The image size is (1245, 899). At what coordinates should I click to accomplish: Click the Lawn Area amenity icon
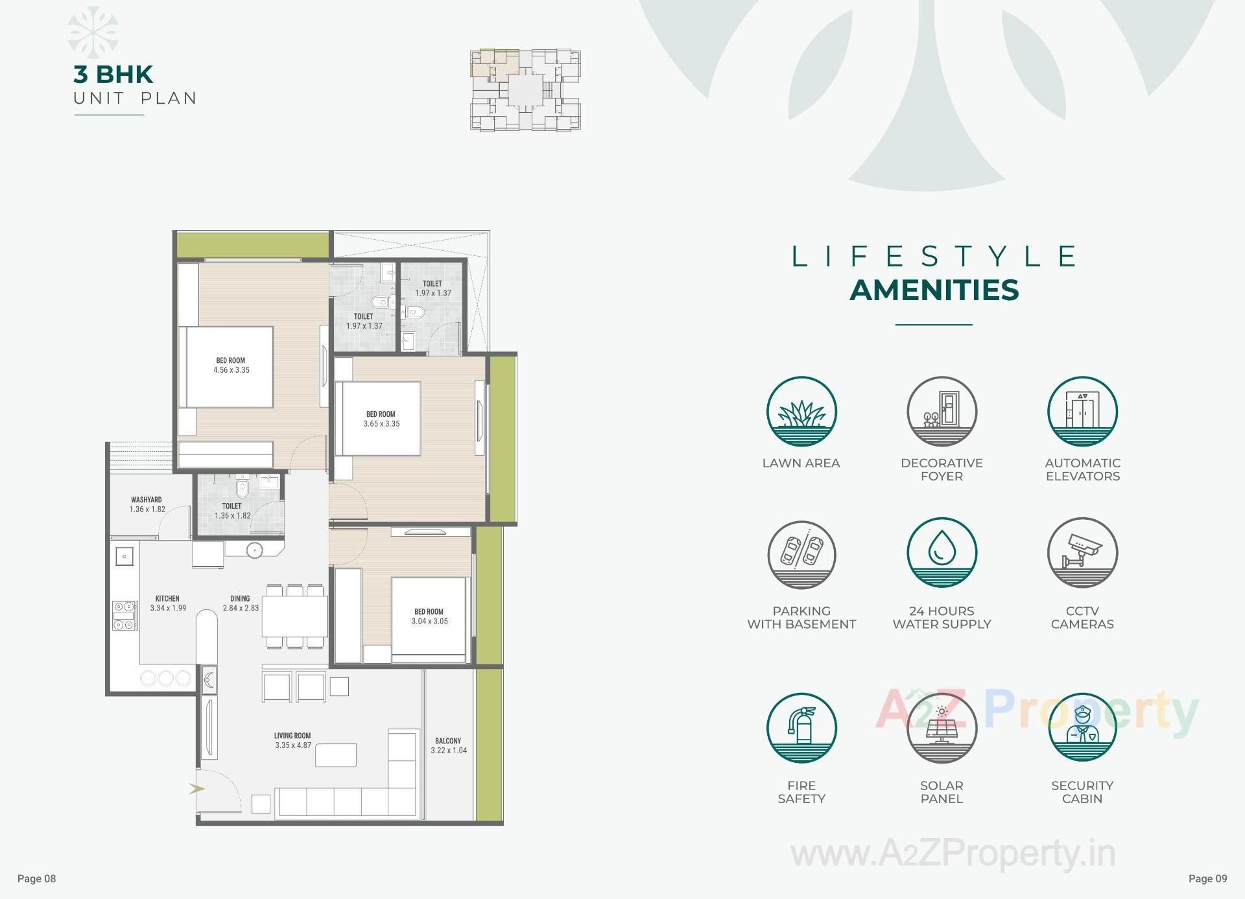point(801,411)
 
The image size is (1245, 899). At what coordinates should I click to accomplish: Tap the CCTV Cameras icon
point(1082,552)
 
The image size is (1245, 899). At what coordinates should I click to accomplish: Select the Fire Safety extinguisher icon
point(801,727)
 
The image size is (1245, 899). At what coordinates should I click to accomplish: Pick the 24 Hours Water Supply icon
point(942,552)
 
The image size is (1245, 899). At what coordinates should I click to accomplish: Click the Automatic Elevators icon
point(1082,411)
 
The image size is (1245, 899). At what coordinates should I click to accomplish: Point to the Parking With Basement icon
point(801,555)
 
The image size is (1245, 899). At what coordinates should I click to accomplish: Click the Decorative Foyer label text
point(942,469)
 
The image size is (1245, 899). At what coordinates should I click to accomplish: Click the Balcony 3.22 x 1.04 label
point(448,745)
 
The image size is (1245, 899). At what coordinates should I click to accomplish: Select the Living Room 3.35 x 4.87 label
point(292,740)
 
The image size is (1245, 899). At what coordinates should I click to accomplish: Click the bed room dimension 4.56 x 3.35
point(231,370)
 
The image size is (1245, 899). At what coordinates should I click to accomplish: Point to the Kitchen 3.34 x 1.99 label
point(168,603)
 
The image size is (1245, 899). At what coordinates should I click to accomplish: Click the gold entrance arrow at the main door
point(196,789)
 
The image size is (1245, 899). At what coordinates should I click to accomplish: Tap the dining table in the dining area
point(294,616)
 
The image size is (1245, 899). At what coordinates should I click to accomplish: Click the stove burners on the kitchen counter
point(124,615)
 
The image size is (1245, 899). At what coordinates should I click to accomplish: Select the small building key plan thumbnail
point(525,90)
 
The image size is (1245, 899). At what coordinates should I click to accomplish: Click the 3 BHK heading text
point(113,75)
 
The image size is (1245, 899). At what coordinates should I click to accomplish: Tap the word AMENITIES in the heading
point(934,290)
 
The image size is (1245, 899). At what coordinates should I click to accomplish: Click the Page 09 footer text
point(1207,879)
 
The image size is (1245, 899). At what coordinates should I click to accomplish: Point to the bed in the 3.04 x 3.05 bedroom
point(429,617)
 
